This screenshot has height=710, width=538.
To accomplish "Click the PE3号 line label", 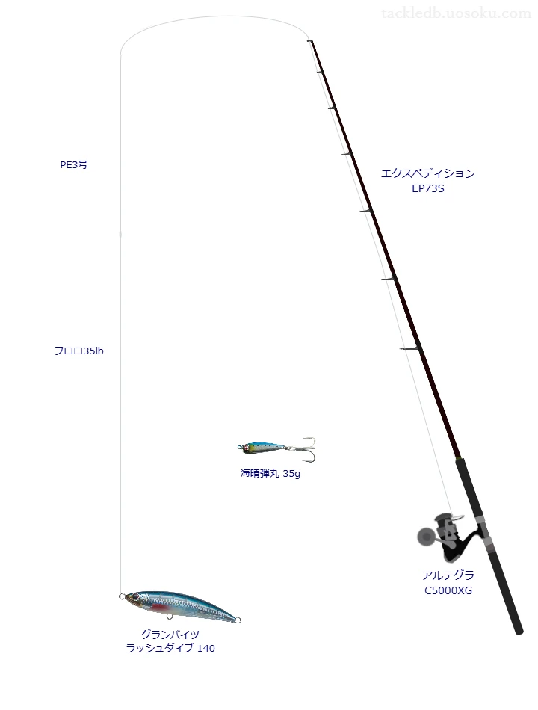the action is click(74, 165).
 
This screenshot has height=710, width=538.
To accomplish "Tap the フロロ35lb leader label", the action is click(78, 351).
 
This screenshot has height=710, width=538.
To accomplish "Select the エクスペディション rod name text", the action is click(428, 173).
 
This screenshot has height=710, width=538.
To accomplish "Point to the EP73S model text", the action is click(428, 189).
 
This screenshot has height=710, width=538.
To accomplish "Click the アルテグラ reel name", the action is click(448, 575).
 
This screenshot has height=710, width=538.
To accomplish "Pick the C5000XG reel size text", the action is click(448, 590).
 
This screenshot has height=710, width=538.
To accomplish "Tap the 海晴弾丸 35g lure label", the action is click(270, 474).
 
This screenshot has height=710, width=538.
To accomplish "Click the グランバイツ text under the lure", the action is click(170, 634).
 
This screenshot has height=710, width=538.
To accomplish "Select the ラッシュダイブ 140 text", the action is click(170, 649).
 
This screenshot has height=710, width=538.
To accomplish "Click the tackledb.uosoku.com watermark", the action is click(456, 13).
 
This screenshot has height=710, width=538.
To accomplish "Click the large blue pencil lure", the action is click(180, 607).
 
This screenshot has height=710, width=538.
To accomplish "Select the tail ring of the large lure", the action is click(238, 620).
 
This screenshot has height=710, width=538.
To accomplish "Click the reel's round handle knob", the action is click(424, 537).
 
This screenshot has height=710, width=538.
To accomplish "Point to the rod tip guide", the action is click(310, 41).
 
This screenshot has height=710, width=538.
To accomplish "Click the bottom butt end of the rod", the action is click(519, 631).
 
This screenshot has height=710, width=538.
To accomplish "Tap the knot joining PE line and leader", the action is click(120, 234).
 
